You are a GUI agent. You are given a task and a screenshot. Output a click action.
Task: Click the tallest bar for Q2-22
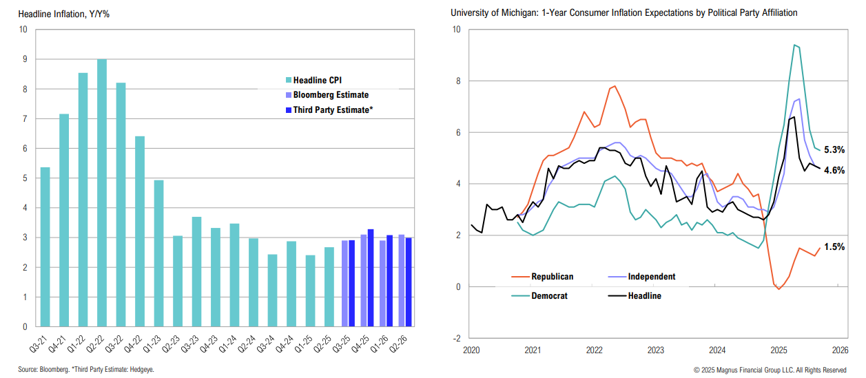(102, 193)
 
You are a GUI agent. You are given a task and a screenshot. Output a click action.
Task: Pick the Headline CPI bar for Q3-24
(272, 290)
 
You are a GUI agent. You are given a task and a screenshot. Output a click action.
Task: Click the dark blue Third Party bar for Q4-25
(371, 277)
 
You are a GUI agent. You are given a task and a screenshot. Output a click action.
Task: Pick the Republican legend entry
(551, 277)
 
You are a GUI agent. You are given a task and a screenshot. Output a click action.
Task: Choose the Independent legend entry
(651, 277)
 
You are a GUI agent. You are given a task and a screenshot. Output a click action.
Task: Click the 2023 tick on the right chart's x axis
(655, 350)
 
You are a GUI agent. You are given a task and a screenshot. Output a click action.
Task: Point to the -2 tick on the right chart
(455, 338)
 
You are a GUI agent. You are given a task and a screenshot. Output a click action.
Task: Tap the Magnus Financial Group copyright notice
(770, 370)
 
